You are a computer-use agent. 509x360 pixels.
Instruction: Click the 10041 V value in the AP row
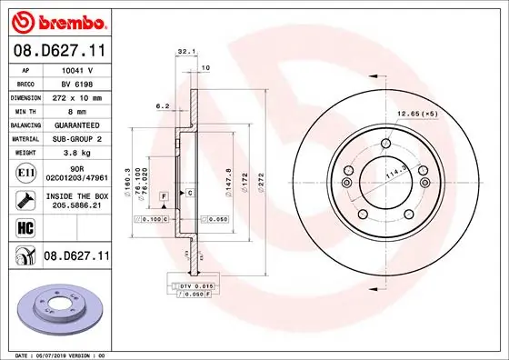[78, 68]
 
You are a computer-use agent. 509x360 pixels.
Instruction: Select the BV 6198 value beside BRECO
[78, 82]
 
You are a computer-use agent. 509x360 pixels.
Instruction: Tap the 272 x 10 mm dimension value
[78, 95]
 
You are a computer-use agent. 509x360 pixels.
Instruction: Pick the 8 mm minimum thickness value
[78, 109]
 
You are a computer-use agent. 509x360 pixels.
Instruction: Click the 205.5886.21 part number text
[78, 205]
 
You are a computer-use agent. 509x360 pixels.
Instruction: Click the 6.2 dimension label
[164, 106]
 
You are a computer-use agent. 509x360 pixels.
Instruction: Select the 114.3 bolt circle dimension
[394, 173]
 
